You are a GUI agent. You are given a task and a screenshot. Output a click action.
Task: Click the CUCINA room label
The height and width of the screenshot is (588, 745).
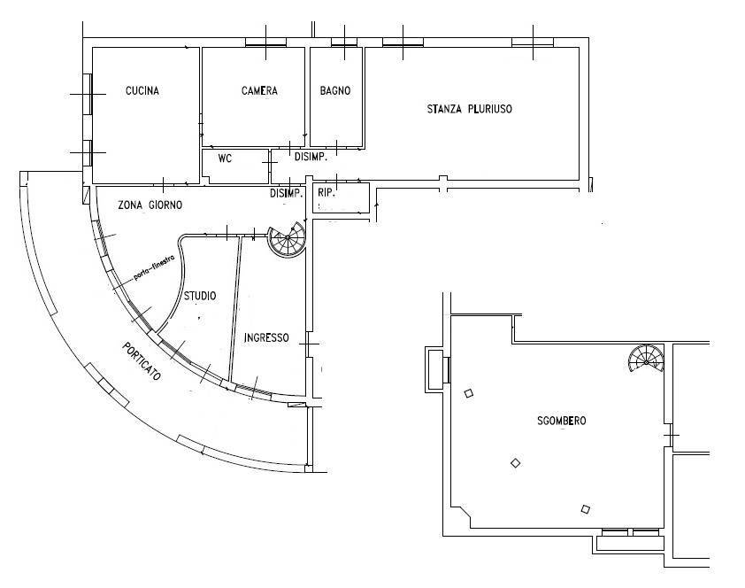tap(142, 90)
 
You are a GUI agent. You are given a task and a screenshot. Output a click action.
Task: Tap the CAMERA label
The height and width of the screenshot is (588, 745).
tap(259, 90)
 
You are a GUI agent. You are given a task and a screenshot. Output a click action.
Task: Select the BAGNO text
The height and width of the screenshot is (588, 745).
tap(335, 90)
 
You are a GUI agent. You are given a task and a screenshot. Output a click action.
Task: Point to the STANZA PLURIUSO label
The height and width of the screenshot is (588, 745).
tap(470, 109)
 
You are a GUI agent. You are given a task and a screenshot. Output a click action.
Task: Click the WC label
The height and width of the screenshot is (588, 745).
tap(225, 159)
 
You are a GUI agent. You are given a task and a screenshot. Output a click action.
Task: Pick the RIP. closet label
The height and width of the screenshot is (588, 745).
tap(326, 193)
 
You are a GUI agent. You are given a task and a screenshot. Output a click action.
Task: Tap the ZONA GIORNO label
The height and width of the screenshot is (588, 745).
tap(150, 205)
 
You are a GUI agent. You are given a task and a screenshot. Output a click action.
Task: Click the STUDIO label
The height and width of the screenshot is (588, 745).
tap(200, 296)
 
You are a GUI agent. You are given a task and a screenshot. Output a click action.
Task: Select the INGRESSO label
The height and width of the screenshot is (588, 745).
tap(266, 337)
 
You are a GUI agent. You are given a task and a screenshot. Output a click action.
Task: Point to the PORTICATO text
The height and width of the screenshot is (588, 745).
tap(142, 361)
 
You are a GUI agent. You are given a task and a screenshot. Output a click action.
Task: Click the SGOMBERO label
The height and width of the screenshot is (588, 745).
tap(562, 421)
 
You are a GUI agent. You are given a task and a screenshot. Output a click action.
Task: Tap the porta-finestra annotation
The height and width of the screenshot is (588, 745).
tap(155, 267)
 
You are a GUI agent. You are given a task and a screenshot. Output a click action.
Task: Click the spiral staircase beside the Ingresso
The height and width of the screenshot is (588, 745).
tap(287, 240)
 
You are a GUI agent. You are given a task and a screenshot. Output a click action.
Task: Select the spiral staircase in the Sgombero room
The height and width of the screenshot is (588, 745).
tap(646, 359)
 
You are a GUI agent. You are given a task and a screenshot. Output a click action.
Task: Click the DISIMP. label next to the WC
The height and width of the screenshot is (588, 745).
tap(311, 157)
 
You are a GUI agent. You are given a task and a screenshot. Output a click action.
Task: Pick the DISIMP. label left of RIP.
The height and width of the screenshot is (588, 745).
tap(286, 193)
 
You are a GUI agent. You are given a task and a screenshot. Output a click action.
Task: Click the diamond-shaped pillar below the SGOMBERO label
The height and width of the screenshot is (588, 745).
tap(515, 462)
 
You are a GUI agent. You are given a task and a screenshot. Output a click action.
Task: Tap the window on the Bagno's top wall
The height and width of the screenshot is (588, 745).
tap(344, 43)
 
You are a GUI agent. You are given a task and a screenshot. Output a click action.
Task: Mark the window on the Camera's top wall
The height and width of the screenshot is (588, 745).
tap(265, 43)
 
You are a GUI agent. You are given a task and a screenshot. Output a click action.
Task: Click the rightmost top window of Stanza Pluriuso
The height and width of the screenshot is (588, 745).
tap(533, 43)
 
